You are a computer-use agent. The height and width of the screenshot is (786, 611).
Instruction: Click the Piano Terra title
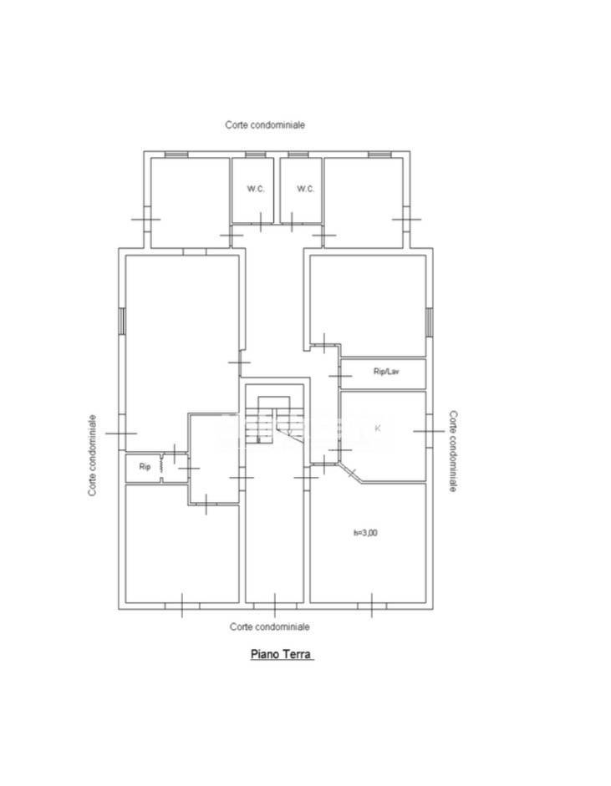click(x=282, y=654)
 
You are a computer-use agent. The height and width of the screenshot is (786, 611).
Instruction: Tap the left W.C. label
click(x=255, y=189)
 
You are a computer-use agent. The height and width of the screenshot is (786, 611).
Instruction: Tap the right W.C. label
click(x=306, y=189)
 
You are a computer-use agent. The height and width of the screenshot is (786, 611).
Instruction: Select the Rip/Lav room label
click(x=386, y=372)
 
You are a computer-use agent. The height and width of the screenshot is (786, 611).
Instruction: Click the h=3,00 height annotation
click(x=365, y=533)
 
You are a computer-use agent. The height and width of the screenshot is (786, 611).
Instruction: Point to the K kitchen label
click(x=378, y=428)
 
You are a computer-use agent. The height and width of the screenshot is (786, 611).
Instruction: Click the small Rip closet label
click(x=145, y=467)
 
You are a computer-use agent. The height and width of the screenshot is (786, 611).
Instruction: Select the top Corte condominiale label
click(x=265, y=124)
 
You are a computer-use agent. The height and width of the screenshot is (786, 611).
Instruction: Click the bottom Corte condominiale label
click(x=269, y=626)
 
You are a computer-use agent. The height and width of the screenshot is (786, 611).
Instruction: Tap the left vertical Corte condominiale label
click(x=92, y=455)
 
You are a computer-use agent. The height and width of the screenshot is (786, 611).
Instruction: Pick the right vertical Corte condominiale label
click(x=453, y=452)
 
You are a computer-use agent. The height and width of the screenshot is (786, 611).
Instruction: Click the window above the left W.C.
click(x=255, y=155)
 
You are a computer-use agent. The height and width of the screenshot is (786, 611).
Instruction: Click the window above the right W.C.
click(x=298, y=155)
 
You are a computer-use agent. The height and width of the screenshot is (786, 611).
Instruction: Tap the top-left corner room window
click(x=176, y=155)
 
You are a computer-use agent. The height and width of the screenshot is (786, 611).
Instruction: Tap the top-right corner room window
click(x=379, y=155)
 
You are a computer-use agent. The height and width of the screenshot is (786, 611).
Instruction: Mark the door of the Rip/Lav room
click(x=341, y=375)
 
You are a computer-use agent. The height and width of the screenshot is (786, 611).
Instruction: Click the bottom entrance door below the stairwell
click(x=274, y=606)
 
